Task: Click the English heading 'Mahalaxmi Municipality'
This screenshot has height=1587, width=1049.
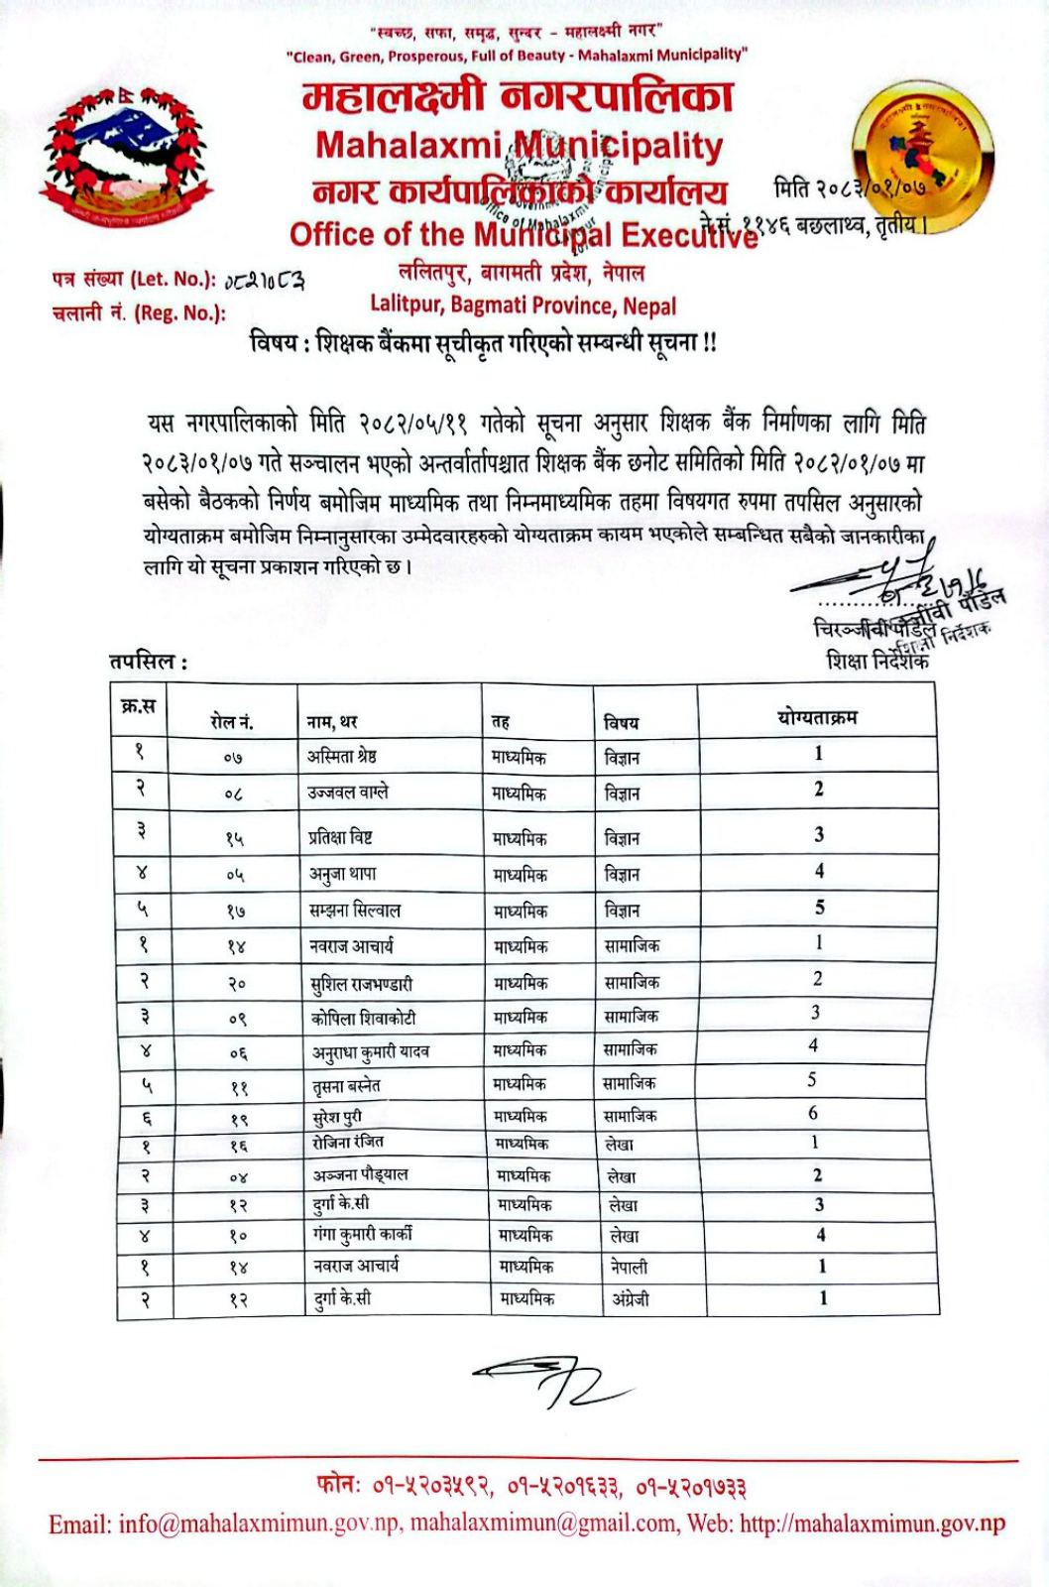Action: click(519, 146)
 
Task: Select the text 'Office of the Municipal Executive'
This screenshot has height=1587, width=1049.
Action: click(523, 235)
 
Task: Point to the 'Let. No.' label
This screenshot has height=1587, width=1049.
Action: click(133, 279)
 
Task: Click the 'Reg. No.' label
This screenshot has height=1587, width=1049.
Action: click(139, 313)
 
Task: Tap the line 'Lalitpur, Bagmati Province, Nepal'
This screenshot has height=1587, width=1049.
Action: click(524, 305)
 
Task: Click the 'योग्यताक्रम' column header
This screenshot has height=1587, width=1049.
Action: click(817, 716)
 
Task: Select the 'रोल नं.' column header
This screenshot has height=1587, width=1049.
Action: click(231, 722)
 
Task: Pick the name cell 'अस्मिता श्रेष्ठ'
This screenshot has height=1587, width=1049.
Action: click(341, 757)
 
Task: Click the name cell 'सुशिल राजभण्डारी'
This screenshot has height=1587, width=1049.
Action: click(361, 984)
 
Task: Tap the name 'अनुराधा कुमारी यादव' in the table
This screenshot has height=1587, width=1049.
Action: click(370, 1050)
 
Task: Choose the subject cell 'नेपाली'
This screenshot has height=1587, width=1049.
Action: click(629, 1267)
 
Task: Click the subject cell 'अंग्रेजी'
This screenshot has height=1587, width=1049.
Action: click(630, 1298)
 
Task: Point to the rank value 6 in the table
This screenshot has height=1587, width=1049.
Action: click(813, 1113)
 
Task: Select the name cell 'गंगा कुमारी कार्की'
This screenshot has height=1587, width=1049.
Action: click(361, 1235)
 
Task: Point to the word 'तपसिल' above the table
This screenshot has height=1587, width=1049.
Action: click(145, 662)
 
